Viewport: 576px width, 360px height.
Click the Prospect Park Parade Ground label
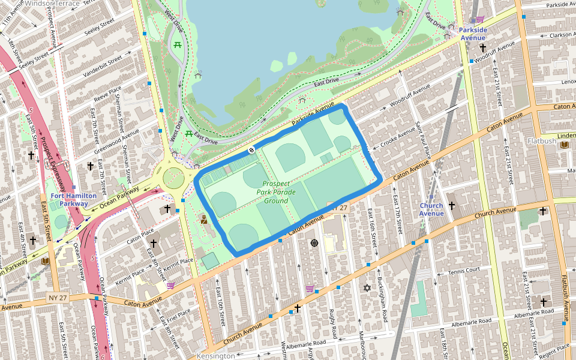pos(276,192)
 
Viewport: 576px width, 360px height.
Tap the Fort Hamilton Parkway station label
pos(73,200)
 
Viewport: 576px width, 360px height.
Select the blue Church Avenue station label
pos(431,209)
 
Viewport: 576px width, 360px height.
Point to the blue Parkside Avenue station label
pos(473,34)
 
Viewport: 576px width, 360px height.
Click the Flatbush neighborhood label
pos(542,141)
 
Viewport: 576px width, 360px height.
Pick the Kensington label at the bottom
pos(215,356)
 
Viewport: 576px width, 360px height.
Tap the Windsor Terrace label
pos(53,4)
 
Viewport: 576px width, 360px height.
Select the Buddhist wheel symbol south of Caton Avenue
pos(313,243)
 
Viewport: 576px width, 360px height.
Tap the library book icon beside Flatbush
pos(565,145)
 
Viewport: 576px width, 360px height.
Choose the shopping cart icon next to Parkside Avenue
pos(480,19)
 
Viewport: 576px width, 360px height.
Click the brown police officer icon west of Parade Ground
pos(203,219)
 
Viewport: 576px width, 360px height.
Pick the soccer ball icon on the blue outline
pos(251,149)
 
